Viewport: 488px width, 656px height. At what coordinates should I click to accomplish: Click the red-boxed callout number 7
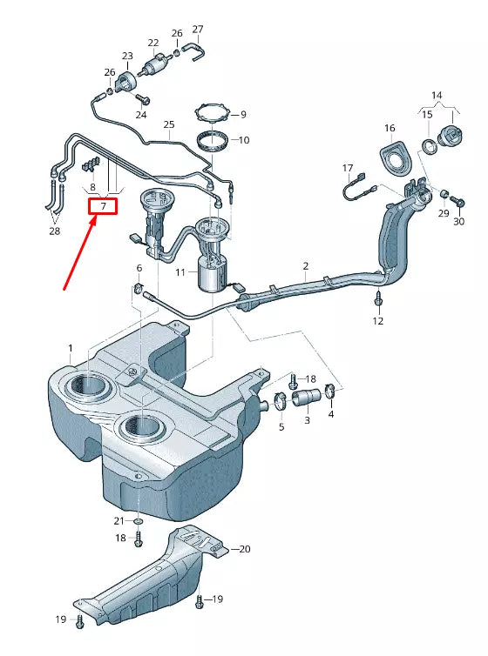click(x=103, y=206)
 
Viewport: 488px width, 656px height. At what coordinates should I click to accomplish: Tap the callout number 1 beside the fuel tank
click(x=71, y=348)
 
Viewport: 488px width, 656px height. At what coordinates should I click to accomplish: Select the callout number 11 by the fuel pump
click(x=180, y=272)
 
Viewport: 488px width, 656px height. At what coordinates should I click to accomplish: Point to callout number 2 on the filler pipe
click(x=306, y=265)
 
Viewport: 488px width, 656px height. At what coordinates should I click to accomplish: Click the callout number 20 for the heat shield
click(x=245, y=549)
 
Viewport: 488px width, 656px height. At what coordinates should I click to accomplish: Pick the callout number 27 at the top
click(x=198, y=29)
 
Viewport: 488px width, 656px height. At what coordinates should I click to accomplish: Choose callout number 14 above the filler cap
click(x=437, y=94)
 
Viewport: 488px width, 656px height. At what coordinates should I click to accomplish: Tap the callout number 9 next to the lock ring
click(x=243, y=114)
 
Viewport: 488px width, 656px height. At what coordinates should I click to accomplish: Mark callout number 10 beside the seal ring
click(x=243, y=139)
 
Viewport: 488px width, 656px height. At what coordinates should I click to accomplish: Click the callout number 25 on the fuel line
click(x=169, y=124)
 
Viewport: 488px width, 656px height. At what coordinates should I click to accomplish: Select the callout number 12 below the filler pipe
click(x=378, y=321)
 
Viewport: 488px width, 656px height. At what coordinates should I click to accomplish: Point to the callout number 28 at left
click(x=55, y=231)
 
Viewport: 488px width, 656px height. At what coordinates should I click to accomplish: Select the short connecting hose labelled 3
click(x=307, y=400)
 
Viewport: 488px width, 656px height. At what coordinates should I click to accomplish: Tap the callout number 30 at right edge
click(x=458, y=222)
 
